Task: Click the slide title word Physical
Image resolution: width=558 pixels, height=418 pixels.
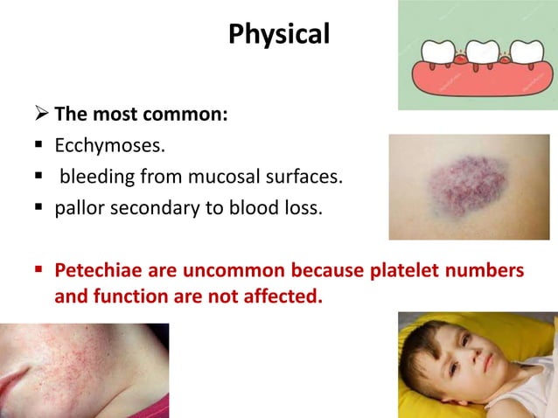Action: coord(279,34)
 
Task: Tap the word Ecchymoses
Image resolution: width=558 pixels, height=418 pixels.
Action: coord(96,146)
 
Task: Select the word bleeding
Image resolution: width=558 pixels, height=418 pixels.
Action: coord(94,178)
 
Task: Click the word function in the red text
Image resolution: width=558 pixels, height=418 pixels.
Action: coord(127,296)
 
